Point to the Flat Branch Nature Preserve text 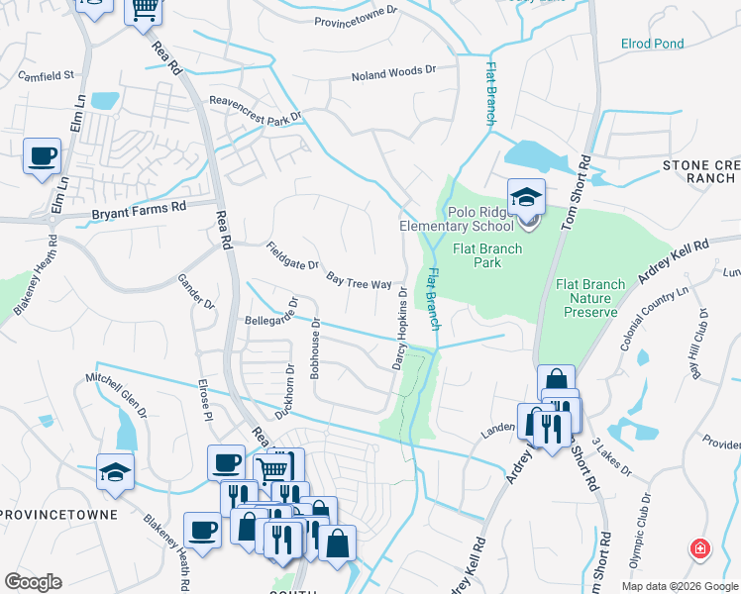click(589, 298)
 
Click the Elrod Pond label click(652, 45)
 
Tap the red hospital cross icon click(700, 548)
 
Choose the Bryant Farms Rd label click(139, 210)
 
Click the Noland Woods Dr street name click(393, 75)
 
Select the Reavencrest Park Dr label click(254, 108)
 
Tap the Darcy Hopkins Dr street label click(400, 330)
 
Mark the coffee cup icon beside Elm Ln click(42, 156)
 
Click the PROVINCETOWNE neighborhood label click(58, 516)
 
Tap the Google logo click(33, 582)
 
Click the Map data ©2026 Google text click(679, 586)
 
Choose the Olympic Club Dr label click(640, 531)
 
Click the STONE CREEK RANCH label click(700, 171)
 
